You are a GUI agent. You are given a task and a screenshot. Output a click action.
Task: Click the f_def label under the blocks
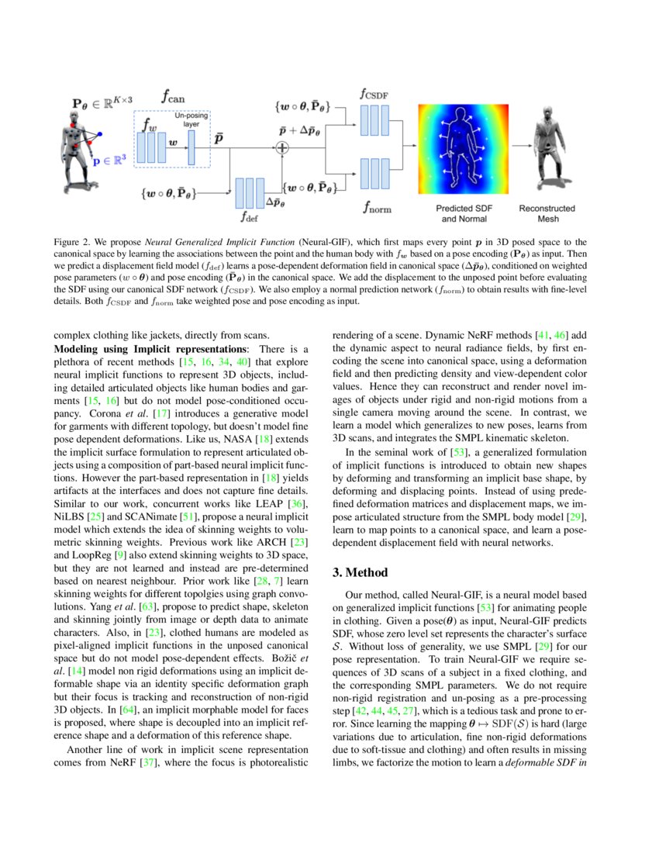[250, 216]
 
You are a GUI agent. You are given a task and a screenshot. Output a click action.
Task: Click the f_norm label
[375, 207]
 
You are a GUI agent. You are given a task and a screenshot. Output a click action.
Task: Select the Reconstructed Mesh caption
[547, 213]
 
